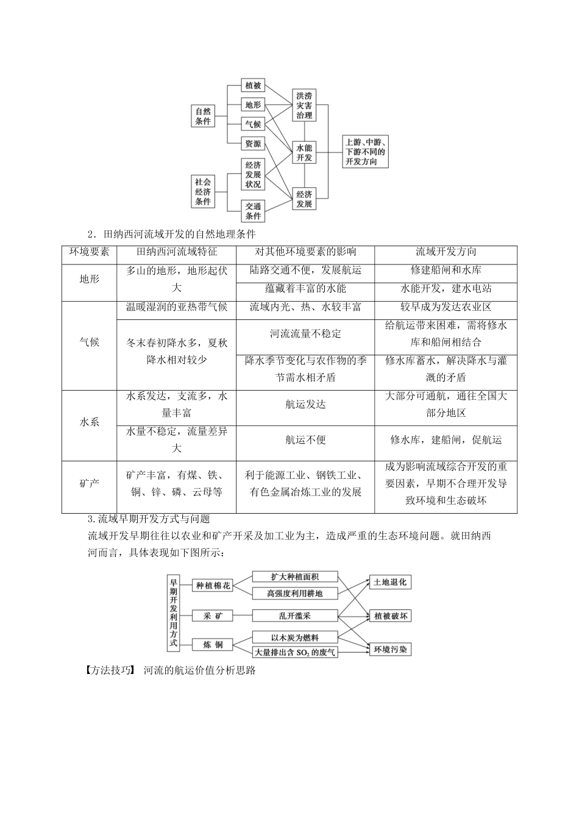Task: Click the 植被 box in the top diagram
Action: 253,85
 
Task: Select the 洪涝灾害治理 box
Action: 304,105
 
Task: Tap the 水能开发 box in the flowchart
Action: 304,152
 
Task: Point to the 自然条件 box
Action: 203,116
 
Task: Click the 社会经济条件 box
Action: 203,191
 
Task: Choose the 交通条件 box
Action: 253,211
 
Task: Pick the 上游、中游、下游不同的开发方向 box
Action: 365,152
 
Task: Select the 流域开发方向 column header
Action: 446,252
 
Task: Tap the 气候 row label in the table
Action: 89,342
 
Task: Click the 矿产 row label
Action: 89,484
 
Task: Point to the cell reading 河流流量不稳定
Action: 305,333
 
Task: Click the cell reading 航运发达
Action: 305,404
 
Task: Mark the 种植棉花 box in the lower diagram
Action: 213,586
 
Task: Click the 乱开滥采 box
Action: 294,615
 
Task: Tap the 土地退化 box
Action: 390,583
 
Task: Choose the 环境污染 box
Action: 390,650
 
